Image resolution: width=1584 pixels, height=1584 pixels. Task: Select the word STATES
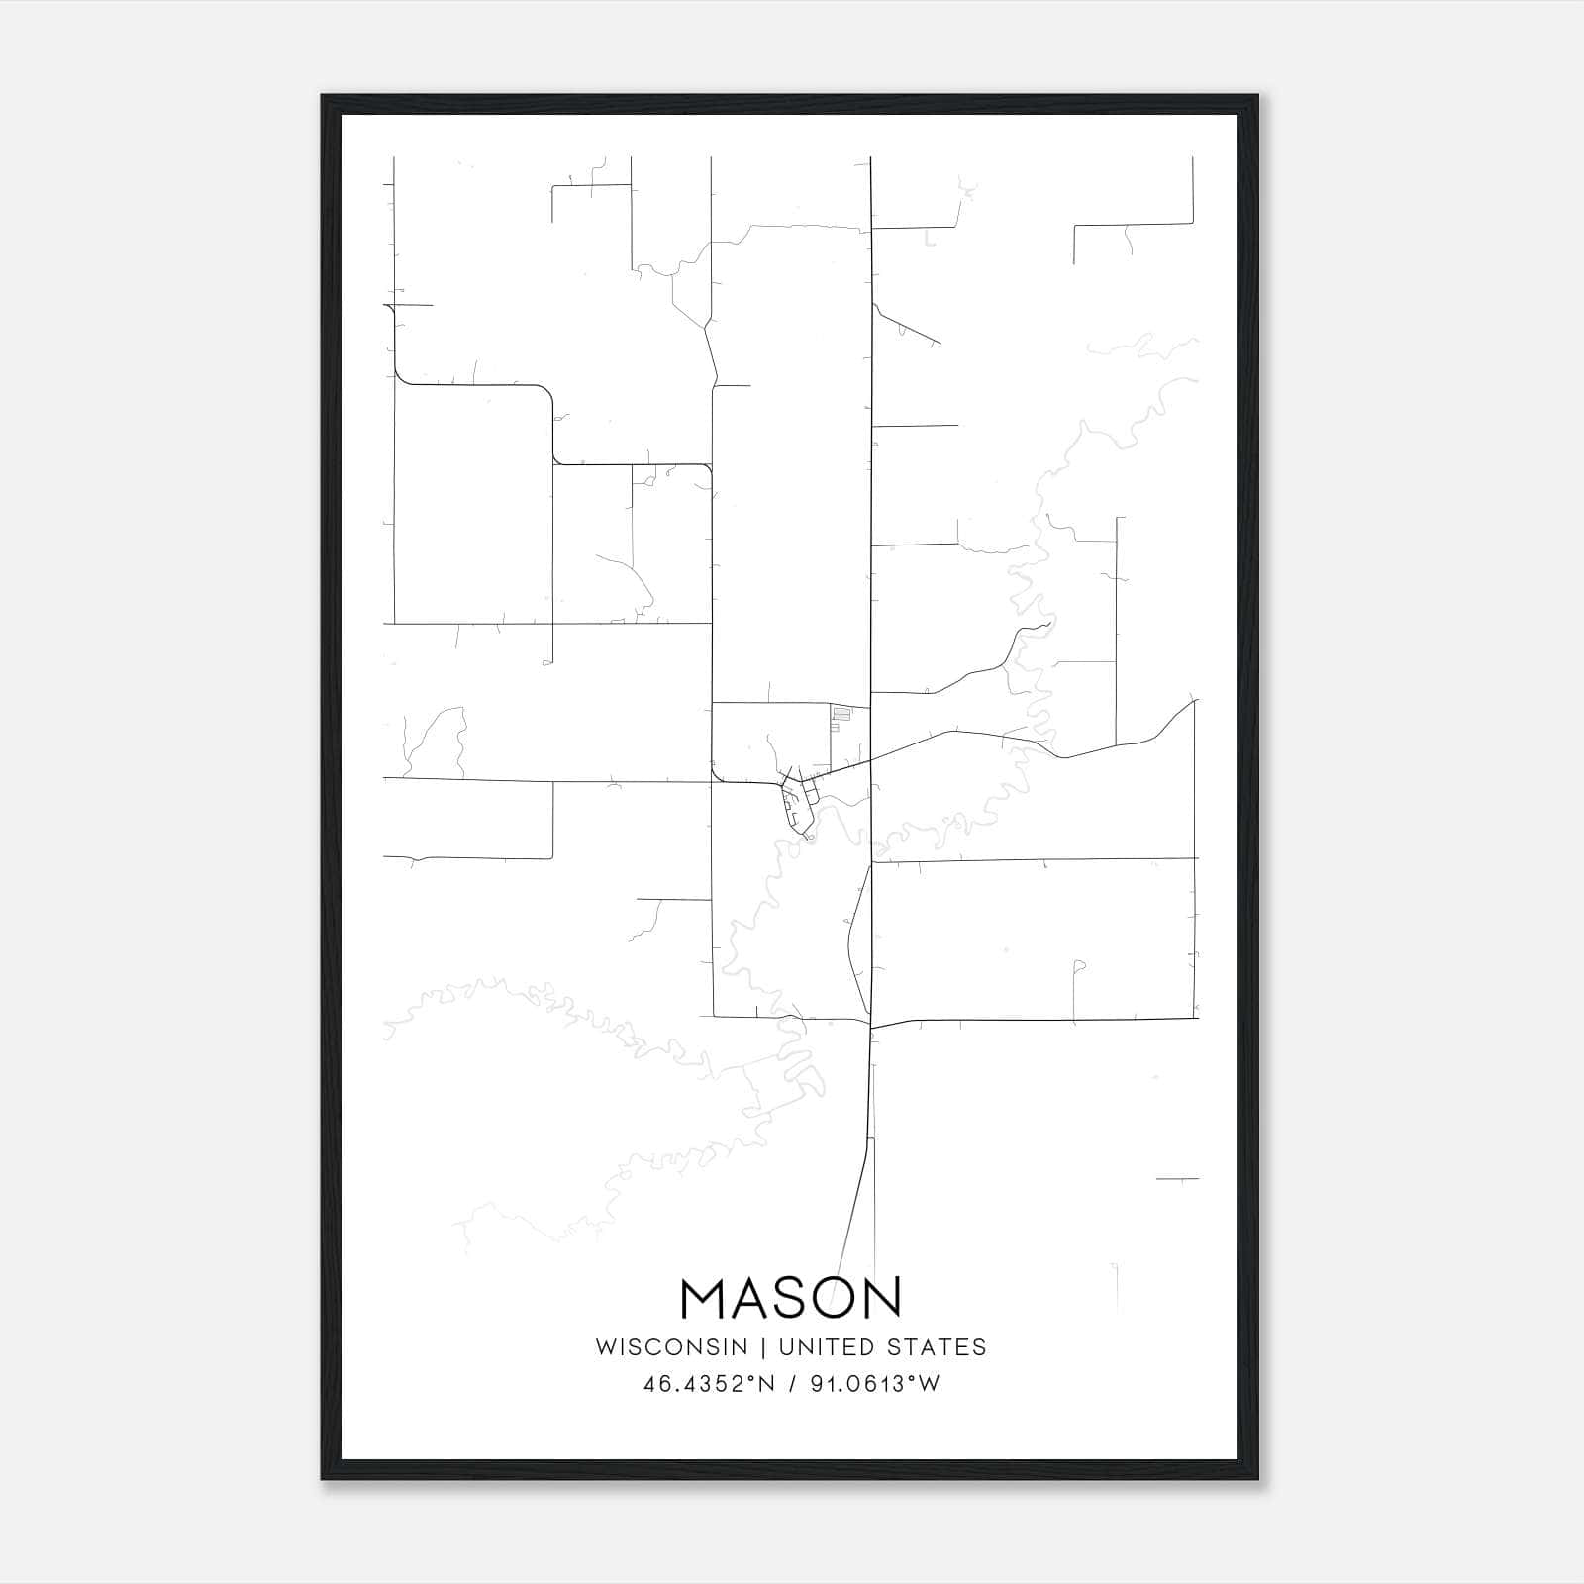pos(938,1347)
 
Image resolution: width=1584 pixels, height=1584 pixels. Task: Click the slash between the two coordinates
pos(791,1384)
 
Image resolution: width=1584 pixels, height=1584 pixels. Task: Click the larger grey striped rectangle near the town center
pos(841,713)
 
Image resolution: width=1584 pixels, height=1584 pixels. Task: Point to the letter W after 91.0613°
pos(929,1384)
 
